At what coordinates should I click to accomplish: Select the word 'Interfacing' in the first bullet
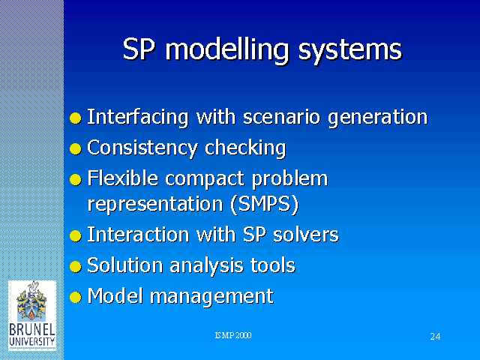[x=137, y=118]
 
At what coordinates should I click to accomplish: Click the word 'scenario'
[x=282, y=117]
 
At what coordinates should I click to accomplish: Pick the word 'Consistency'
[x=142, y=148]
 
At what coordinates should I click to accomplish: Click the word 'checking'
[x=245, y=148]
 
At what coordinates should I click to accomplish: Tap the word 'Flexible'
[x=123, y=178]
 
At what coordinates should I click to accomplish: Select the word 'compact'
[x=204, y=180]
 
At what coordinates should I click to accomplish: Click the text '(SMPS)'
[x=265, y=205]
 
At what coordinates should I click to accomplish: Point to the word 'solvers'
[x=306, y=235]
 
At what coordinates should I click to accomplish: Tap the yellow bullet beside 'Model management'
[x=76, y=297]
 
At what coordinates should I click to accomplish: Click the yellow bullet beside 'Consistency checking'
[x=76, y=149]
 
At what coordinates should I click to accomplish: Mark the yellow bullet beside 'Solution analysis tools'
[x=76, y=266]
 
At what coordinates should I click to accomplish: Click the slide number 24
[x=435, y=337]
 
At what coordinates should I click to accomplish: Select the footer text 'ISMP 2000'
[x=233, y=335]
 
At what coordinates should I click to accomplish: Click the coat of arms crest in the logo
[x=31, y=301]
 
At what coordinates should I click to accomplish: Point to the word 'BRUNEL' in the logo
[x=32, y=330]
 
